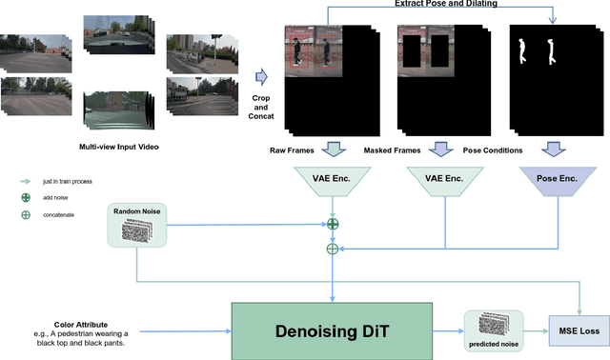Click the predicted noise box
click(x=493, y=330)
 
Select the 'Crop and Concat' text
click(x=265, y=104)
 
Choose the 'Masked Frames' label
click(x=396, y=150)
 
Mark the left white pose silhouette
click(x=522, y=51)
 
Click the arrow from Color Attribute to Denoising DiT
click(x=191, y=332)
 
